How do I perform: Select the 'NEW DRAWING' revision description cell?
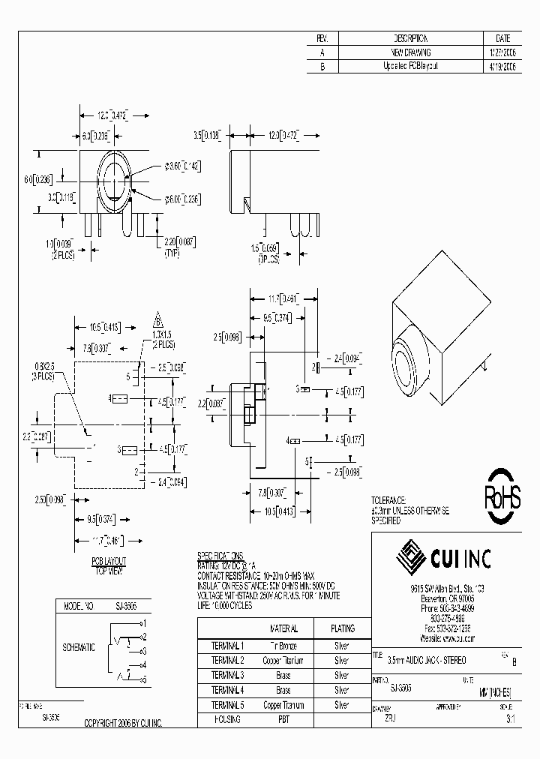click(411, 52)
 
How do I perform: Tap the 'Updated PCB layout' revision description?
click(411, 66)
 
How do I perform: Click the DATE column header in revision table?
click(503, 38)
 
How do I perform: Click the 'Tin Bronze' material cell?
click(283, 645)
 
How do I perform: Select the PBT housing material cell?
click(283, 718)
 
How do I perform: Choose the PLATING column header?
click(342, 628)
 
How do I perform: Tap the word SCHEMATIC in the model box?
click(79, 646)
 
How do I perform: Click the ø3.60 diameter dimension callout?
click(183, 165)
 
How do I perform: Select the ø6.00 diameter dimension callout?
click(183, 199)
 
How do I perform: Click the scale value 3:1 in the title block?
click(510, 718)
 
